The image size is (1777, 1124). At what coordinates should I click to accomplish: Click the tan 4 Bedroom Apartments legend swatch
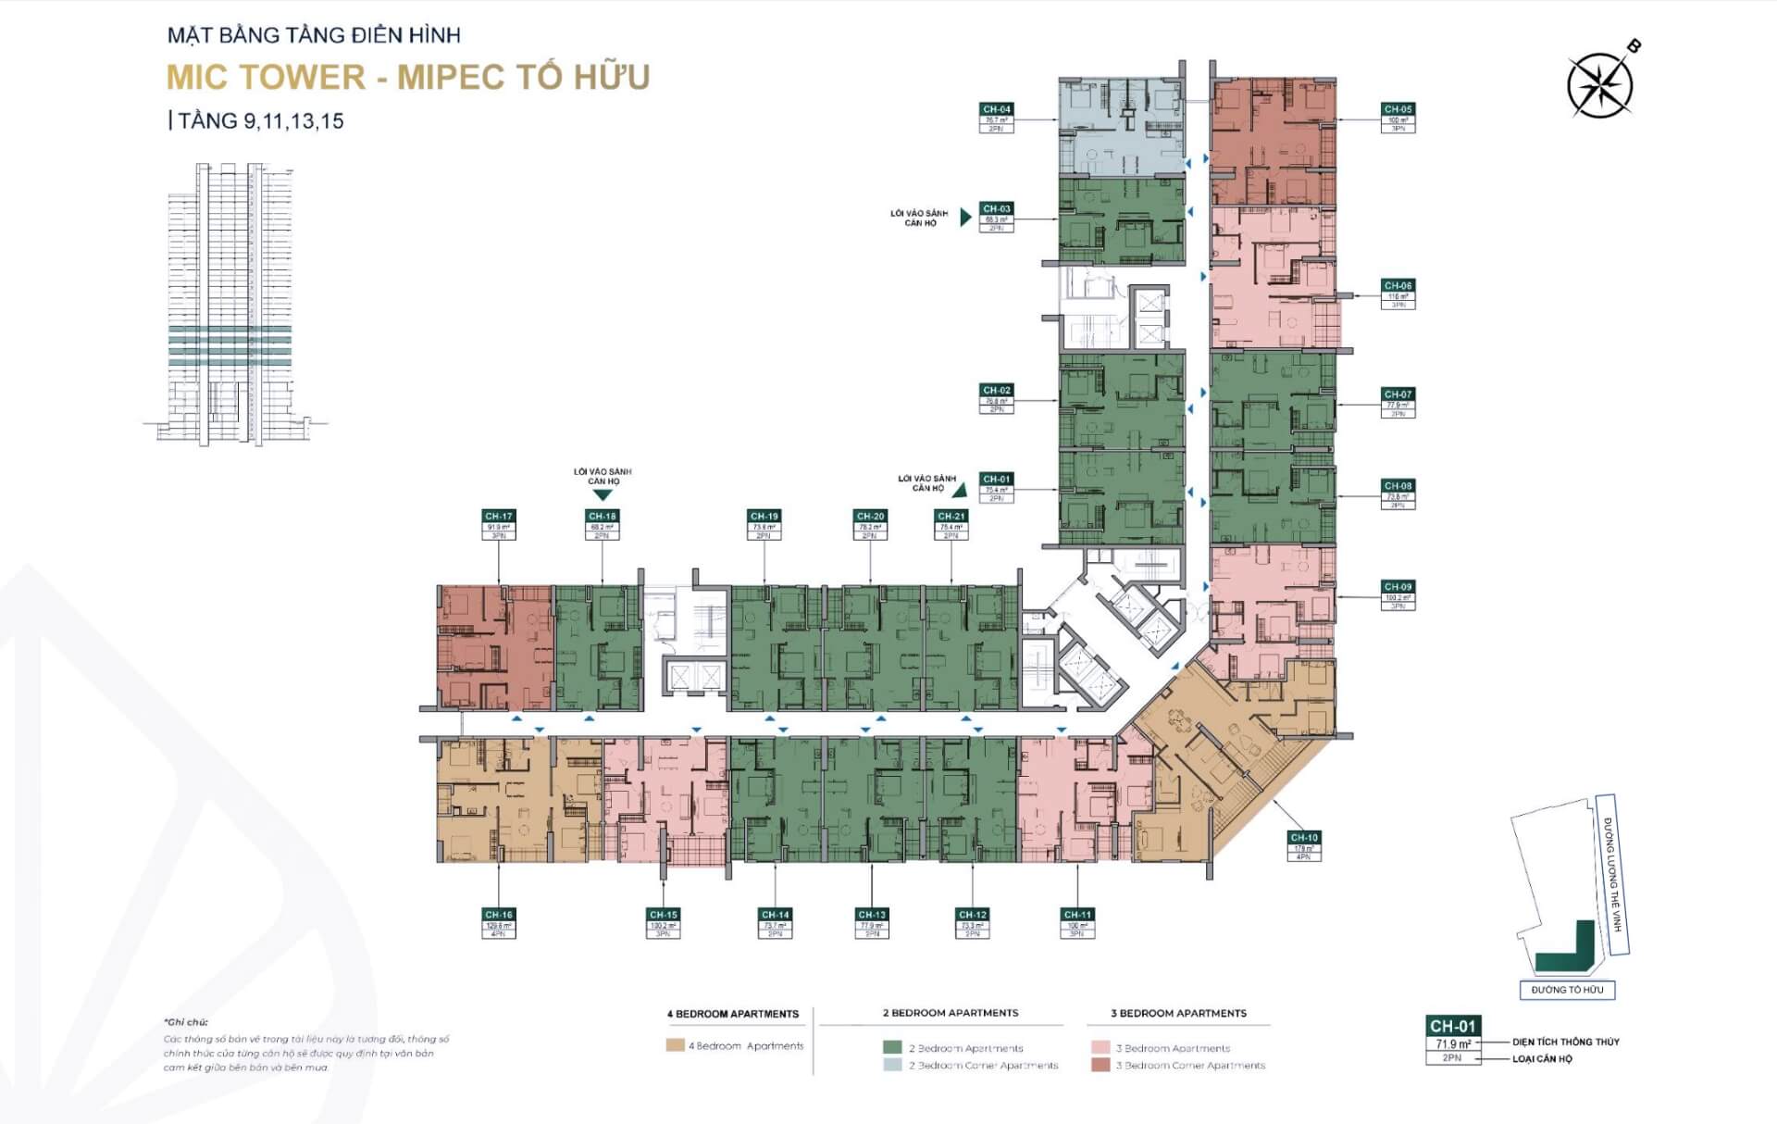[x=675, y=1045]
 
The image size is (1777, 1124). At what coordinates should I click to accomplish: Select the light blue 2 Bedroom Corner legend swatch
[x=892, y=1065]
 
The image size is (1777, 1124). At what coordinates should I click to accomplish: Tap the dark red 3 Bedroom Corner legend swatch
[x=1100, y=1065]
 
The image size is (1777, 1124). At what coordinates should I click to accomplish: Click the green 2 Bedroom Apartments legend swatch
[x=892, y=1048]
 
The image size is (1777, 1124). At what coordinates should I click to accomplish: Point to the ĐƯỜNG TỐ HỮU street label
[x=1567, y=990]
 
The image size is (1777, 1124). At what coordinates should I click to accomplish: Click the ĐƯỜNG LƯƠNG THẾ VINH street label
[x=1614, y=874]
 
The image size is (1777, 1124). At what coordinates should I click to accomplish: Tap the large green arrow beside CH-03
[x=965, y=218]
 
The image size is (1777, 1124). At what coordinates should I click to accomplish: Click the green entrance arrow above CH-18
[x=603, y=495]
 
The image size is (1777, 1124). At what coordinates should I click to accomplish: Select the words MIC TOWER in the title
[x=266, y=77]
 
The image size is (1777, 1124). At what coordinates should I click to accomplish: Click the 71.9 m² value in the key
[x=1452, y=1043]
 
